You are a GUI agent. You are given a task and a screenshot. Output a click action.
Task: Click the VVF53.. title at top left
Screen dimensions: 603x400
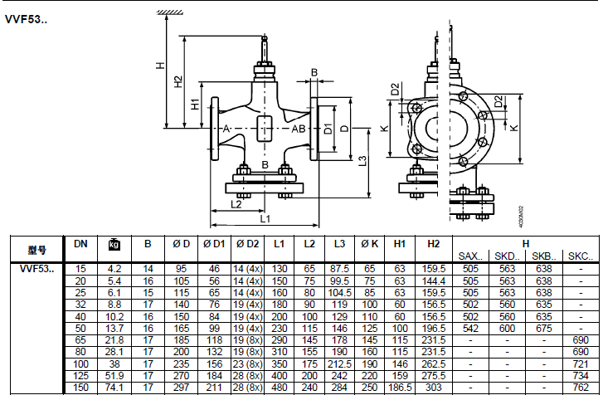(26, 20)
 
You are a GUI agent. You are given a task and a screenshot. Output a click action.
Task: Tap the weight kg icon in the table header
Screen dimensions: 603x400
(114, 244)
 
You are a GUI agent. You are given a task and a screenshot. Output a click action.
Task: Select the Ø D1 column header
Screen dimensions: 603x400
(214, 244)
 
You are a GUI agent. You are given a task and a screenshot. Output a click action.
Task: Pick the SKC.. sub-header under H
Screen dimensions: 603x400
(581, 256)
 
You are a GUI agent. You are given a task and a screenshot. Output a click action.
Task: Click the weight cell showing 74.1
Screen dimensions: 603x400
(114, 388)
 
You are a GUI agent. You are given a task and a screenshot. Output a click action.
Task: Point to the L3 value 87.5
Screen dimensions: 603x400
(339, 269)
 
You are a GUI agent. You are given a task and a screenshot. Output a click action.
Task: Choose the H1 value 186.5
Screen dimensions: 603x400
(400, 388)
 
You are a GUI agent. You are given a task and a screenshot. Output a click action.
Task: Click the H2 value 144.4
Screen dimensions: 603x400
(434, 280)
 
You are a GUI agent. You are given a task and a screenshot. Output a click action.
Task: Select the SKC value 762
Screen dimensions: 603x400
(581, 388)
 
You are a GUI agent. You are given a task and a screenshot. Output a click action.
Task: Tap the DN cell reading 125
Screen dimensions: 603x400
(80, 375)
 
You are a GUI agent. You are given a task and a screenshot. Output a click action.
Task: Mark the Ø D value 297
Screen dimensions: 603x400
(181, 388)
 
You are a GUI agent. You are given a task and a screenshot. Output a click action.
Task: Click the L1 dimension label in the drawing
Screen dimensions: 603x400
(265, 219)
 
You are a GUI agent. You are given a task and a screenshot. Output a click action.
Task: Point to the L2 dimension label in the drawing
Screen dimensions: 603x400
(236, 204)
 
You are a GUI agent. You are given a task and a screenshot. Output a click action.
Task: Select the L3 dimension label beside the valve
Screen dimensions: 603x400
(362, 161)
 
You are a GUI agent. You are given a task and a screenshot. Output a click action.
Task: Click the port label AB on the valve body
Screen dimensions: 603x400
(298, 129)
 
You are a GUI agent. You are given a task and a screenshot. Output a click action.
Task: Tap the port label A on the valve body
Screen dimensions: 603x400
(226, 129)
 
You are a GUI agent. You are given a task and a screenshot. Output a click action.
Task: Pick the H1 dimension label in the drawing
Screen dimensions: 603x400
(196, 104)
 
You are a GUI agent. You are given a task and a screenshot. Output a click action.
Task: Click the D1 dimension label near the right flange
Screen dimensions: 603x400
(328, 129)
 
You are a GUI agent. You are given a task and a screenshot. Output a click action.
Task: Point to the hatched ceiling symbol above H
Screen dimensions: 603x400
(169, 12)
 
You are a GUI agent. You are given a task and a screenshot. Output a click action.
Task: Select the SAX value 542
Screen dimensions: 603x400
(470, 329)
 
